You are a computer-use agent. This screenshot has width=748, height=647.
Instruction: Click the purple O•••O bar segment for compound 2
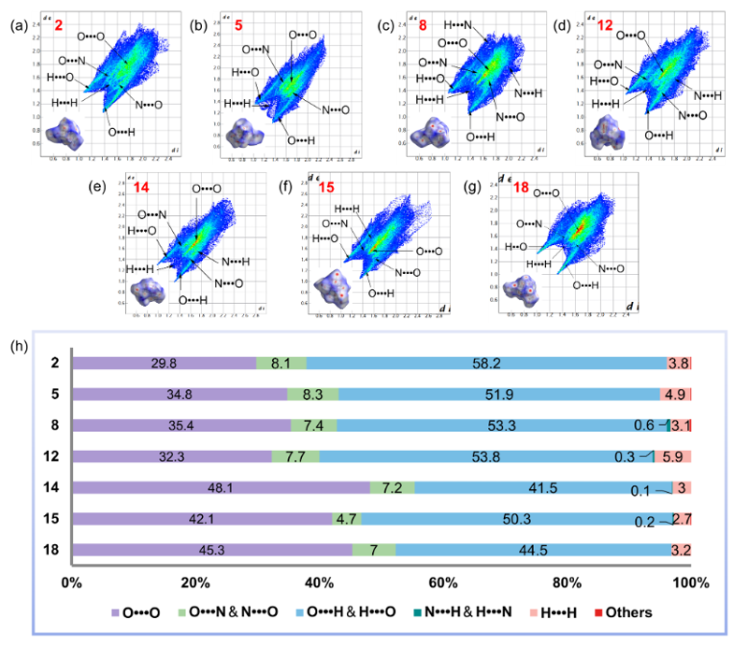click(164, 363)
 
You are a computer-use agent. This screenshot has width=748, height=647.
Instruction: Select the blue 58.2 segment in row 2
click(486, 363)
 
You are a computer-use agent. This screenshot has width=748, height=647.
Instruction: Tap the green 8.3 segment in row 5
click(313, 395)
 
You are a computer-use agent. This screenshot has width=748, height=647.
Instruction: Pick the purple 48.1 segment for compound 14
click(221, 487)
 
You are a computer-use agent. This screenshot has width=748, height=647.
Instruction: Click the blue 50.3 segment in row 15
click(516, 518)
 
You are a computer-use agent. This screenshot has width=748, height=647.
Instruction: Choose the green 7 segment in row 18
click(374, 549)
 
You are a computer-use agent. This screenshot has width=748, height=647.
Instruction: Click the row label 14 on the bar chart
click(51, 487)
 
